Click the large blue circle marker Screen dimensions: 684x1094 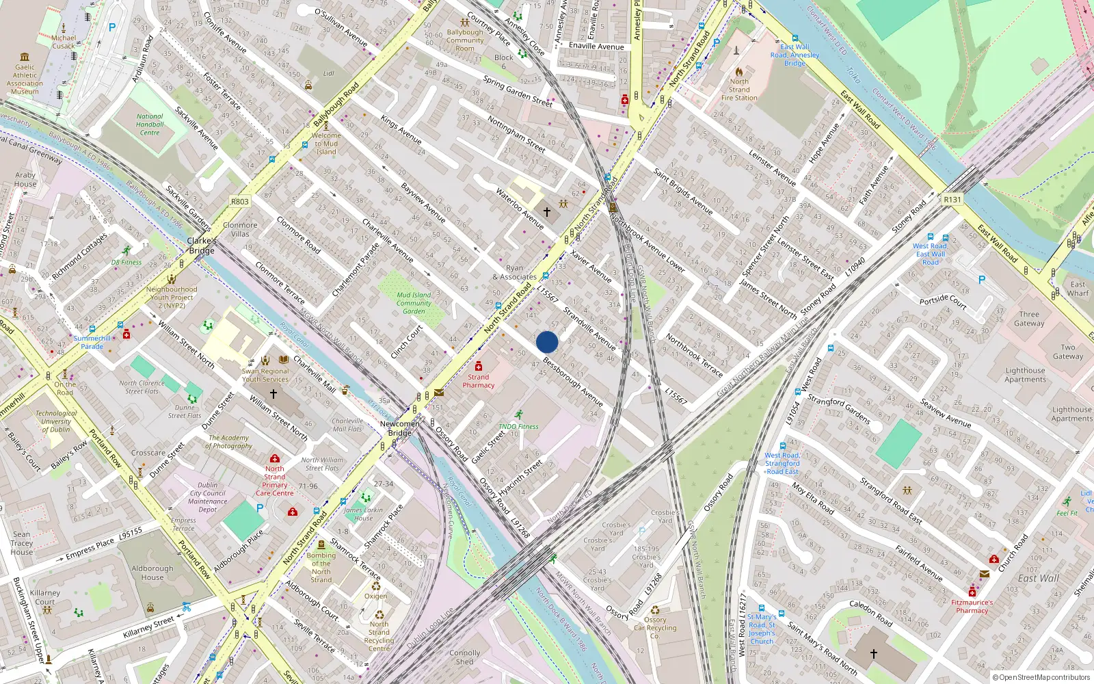[x=547, y=342]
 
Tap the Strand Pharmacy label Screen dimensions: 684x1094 [x=478, y=381]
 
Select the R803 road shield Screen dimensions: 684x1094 [x=240, y=202]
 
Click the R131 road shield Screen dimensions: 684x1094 [x=952, y=200]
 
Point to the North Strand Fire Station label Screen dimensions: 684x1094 [x=739, y=90]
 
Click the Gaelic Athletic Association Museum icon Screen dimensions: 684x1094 [x=25, y=57]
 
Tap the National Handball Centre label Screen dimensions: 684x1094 [x=150, y=124]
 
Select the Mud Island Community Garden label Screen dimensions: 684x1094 [x=414, y=303]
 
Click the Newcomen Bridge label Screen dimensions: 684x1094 [x=400, y=428]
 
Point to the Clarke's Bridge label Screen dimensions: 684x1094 [x=202, y=246]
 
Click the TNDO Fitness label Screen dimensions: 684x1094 [x=518, y=426]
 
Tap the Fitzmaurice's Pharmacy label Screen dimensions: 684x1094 [x=972, y=606]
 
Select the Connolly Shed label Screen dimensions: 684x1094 [x=464, y=657]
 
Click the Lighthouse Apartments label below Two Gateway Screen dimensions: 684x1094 [x=1025, y=375]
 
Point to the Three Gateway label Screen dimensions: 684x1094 [x=1029, y=319]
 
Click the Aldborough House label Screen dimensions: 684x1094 [x=152, y=573]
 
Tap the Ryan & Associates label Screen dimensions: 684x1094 [x=514, y=273]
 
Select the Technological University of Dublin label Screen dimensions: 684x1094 [x=56, y=421]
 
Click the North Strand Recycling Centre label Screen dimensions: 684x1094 [x=379, y=636]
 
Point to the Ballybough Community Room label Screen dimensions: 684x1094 [x=465, y=40]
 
